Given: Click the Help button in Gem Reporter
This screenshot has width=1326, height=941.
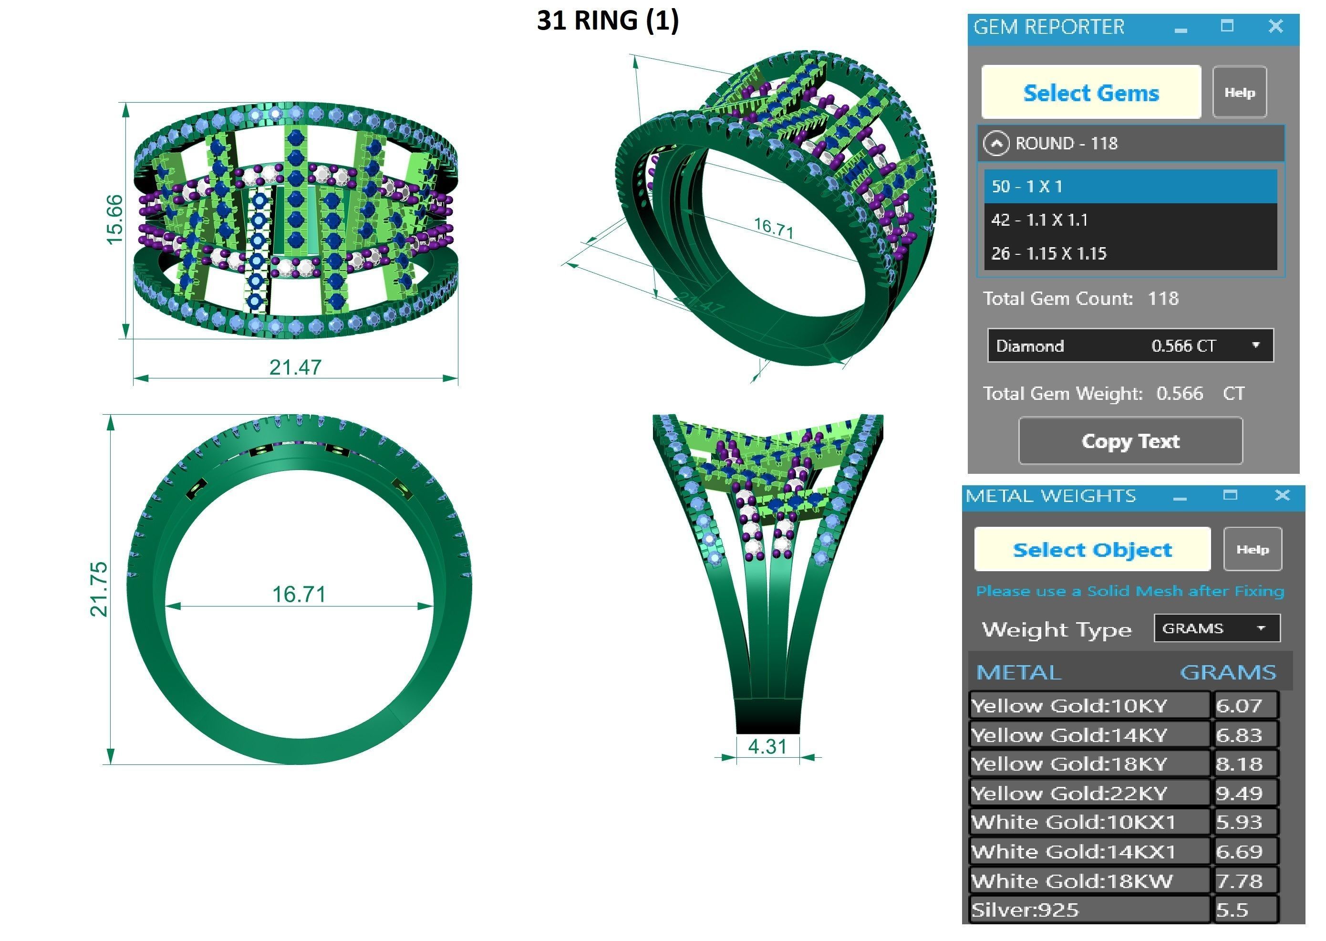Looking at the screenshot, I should [x=1239, y=93].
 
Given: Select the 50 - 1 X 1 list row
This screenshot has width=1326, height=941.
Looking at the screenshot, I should [x=1129, y=187].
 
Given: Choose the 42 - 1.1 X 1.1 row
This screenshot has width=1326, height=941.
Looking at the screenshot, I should [x=1129, y=220].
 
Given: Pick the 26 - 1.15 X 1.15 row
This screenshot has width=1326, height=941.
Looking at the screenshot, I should [x=1129, y=253].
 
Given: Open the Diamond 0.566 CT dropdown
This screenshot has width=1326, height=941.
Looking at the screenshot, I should [x=1255, y=345].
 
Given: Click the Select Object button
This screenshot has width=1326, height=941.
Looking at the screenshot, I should [x=1092, y=549].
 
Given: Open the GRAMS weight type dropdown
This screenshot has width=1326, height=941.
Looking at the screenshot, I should [x=1261, y=628].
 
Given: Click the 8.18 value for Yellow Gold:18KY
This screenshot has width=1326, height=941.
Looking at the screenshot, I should [x=1239, y=763].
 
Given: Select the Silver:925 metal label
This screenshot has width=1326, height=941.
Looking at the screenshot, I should [x=1025, y=910].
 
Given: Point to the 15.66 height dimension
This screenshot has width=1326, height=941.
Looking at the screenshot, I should [x=114, y=220].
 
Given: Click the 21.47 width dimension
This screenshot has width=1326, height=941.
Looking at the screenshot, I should [x=295, y=367].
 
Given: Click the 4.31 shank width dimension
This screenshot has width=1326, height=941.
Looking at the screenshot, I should [x=767, y=747].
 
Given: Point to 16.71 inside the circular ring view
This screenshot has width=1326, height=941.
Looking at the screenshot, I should [x=299, y=595].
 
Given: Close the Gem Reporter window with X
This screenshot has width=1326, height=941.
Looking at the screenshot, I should [x=1275, y=26].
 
